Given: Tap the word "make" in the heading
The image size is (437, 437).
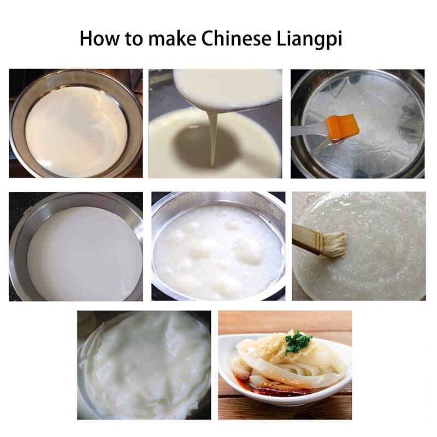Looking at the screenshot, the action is [x=172, y=38].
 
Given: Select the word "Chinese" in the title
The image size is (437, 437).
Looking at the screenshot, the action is [x=236, y=38].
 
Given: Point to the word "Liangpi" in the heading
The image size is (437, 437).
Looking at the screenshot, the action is [x=309, y=39].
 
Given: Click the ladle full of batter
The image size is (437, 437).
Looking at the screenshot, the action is [x=227, y=90].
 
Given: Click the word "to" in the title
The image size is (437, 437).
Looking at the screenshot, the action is [x=133, y=39].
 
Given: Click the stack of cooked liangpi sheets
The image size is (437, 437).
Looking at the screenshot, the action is [x=144, y=365].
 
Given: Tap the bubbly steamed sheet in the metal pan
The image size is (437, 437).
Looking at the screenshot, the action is [x=218, y=252].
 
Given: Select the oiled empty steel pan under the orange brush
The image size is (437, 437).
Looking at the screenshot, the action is [x=358, y=124].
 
